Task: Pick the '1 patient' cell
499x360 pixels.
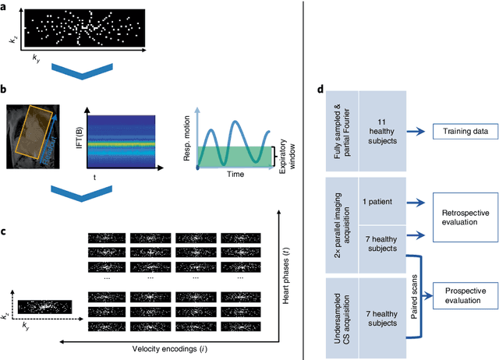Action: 381,201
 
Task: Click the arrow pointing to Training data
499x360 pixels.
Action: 416,133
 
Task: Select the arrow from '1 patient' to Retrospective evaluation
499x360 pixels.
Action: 416,201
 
